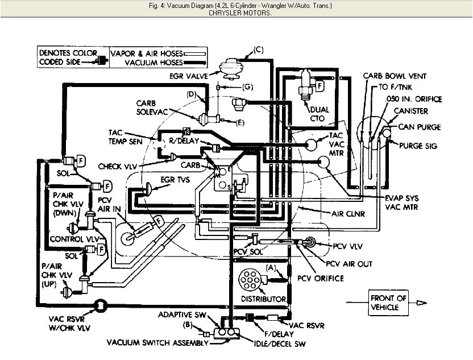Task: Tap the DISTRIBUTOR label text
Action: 263,299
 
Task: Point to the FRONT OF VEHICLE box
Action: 388,303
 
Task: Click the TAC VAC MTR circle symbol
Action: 312,144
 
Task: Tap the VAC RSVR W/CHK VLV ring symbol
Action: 100,305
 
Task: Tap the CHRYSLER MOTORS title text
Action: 236,12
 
